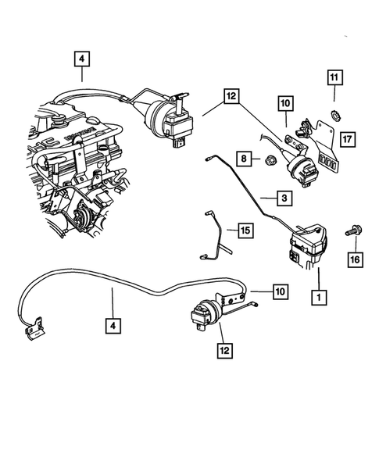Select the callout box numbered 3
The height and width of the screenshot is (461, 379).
coord(284,198)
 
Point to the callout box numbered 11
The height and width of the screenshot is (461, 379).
coord(334,77)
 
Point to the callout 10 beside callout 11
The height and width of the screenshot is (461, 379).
coord(284,103)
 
